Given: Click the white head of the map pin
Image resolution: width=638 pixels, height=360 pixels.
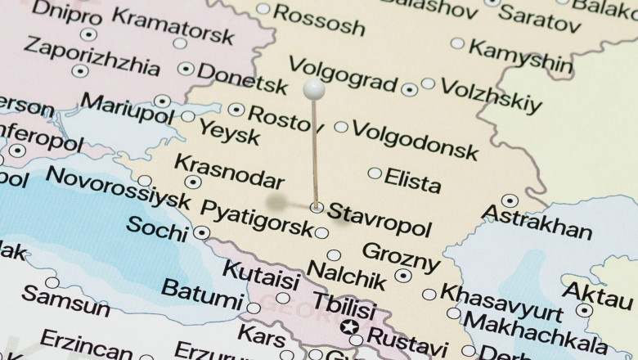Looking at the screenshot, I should tap(314, 89).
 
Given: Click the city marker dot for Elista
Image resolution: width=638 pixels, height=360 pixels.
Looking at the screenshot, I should tap(375, 173).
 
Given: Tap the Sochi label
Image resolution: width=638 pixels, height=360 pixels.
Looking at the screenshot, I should tap(156, 227).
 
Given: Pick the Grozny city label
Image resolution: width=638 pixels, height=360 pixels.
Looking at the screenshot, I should tap(400, 257).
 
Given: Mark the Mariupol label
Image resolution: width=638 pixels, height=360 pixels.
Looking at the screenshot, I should tap(127, 108).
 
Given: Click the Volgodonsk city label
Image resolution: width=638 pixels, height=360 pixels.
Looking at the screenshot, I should tap(415, 140).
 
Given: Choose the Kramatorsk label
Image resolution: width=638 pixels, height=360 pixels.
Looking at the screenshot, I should tap(173, 25).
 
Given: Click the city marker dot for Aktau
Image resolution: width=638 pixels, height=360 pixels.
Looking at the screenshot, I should tap(584, 310).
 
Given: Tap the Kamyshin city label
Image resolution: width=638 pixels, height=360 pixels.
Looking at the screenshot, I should tap(520, 56).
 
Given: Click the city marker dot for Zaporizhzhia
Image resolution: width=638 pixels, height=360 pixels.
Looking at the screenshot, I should tap(80, 71).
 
